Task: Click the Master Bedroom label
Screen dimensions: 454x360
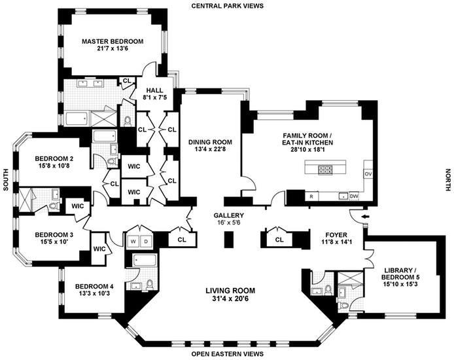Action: click(113, 41)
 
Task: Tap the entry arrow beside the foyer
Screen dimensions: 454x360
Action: click(366, 217)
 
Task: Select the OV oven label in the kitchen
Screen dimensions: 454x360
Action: click(368, 174)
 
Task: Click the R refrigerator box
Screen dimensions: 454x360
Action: click(311, 196)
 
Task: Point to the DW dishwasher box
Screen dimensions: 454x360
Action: click(354, 196)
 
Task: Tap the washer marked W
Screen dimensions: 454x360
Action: click(133, 241)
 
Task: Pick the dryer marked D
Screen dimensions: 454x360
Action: click(146, 241)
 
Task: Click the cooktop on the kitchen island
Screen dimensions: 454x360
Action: click(326, 170)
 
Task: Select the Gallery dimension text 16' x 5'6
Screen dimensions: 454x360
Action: click(229, 223)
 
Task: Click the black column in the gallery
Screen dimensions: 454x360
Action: click(230, 240)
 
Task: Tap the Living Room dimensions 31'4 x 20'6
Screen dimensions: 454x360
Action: click(230, 298)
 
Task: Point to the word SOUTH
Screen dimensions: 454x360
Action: click(5, 180)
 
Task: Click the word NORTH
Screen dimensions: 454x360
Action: click(448, 180)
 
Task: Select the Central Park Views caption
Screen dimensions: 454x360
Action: click(227, 6)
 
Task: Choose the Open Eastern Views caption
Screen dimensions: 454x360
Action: click(227, 354)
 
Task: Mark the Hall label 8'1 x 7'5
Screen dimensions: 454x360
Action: click(155, 94)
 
